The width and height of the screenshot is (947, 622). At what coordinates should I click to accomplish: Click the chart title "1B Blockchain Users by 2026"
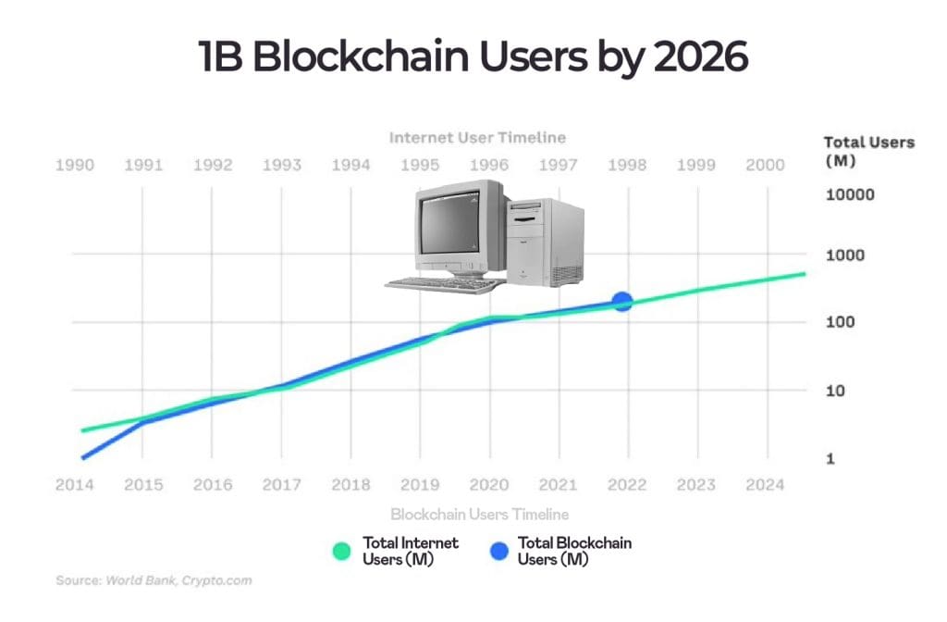pyautogui.click(x=473, y=57)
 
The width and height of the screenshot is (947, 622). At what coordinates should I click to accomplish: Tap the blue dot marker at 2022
pyautogui.click(x=622, y=301)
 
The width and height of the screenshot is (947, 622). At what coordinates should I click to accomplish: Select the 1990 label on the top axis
pyautogui.click(x=74, y=165)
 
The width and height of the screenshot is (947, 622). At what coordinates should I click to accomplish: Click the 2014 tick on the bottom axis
pyautogui.click(x=74, y=484)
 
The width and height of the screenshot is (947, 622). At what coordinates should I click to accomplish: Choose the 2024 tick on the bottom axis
pyautogui.click(x=765, y=484)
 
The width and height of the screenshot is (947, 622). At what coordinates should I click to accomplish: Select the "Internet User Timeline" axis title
pyautogui.click(x=477, y=137)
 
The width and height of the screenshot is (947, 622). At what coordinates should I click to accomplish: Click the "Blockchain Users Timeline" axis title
pyautogui.click(x=479, y=514)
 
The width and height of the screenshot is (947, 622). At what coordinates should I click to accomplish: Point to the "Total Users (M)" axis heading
pyautogui.click(x=868, y=151)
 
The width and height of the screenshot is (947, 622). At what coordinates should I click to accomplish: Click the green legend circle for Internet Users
pyautogui.click(x=342, y=551)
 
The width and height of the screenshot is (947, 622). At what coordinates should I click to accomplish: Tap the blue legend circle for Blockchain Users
pyautogui.click(x=498, y=551)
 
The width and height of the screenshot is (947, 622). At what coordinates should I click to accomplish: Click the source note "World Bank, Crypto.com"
pyautogui.click(x=178, y=580)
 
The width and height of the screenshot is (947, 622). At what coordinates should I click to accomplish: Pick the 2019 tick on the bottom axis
pyautogui.click(x=420, y=484)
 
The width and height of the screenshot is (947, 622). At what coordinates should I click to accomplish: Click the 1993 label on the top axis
pyautogui.click(x=281, y=165)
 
